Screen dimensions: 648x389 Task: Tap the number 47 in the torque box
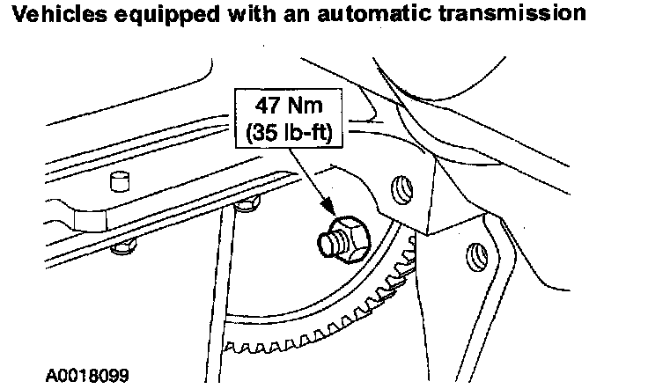[267, 106]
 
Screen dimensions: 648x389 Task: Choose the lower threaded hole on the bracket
[476, 256]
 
